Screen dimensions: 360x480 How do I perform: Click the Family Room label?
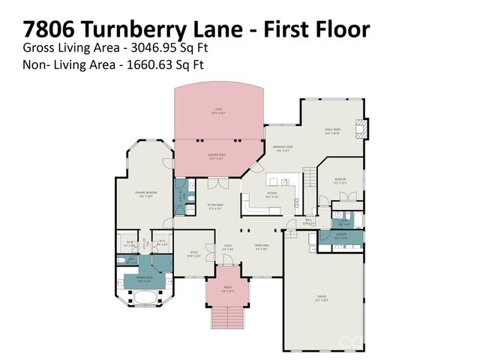click(x=331, y=130)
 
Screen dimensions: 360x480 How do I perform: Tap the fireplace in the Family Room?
click(x=363, y=128)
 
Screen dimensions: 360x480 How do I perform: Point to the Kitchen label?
click(x=272, y=194)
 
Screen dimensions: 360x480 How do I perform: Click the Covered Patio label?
click(x=217, y=157)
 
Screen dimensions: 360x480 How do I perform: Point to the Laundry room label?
click(x=340, y=238)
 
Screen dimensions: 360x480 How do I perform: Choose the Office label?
click(x=193, y=253)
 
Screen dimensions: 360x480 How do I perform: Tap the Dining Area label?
click(x=262, y=248)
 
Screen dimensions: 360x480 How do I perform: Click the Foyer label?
click(x=227, y=247)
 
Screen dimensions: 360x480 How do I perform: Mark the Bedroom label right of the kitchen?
click(x=340, y=180)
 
